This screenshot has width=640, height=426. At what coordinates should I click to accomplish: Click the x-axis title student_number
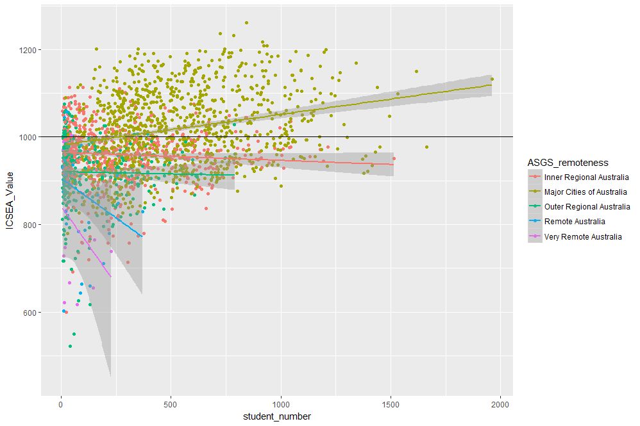(278, 416)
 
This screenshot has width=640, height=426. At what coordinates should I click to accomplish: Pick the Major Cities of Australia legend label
(585, 192)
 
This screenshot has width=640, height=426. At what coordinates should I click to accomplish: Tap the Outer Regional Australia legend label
(587, 206)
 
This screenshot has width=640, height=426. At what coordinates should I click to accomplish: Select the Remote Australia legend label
(575, 222)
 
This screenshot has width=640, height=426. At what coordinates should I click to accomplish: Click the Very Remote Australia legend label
(583, 236)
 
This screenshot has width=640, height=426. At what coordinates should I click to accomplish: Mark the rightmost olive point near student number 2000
(492, 79)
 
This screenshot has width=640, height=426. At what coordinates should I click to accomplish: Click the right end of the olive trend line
(491, 85)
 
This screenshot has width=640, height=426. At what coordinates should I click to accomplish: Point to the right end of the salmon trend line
(393, 165)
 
